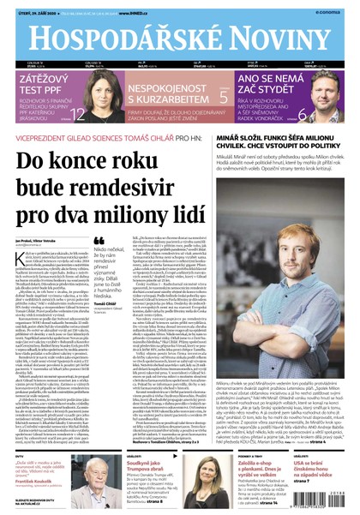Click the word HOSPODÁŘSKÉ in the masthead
pyautogui.click(x=120, y=33)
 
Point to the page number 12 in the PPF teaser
pyautogui.click(x=78, y=115)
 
